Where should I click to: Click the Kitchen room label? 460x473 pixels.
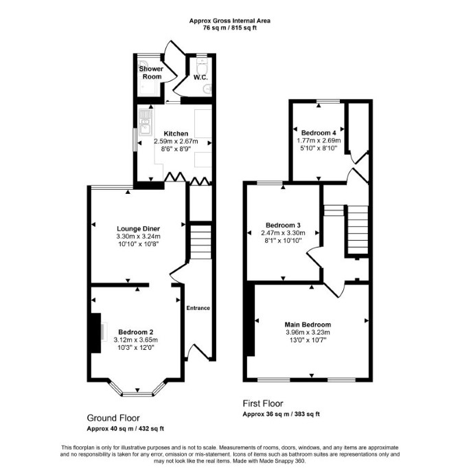click(x=176, y=133)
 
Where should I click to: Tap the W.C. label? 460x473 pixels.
click(x=200, y=78)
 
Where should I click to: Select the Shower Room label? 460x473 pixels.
click(x=151, y=73)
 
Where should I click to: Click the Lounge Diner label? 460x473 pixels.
click(x=138, y=229)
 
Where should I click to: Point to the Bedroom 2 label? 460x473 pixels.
click(x=136, y=332)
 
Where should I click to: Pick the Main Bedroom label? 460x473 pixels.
click(x=308, y=324)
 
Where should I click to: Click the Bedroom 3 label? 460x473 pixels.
click(x=283, y=225)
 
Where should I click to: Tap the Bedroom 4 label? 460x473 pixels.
click(x=319, y=133)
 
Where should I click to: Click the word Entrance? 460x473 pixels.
click(x=198, y=308)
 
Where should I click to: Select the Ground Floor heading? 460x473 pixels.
click(x=113, y=418)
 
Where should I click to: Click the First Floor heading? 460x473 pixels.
click(x=263, y=404)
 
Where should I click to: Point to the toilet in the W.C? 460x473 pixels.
click(x=201, y=65)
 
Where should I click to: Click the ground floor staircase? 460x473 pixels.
click(x=200, y=241)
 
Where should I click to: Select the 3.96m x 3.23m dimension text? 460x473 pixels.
click(x=308, y=333)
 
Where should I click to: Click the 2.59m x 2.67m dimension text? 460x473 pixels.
click(x=176, y=141)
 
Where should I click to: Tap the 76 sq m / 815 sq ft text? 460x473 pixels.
click(x=230, y=28)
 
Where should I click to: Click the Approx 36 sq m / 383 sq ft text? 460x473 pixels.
click(x=281, y=414)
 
